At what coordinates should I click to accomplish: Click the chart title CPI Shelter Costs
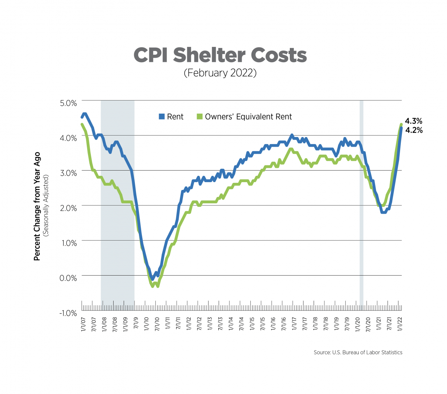tap(220, 55)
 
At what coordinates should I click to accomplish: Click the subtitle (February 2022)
tap(220, 73)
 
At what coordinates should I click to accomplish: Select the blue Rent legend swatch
tap(162, 117)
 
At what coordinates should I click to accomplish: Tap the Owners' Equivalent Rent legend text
tap(248, 117)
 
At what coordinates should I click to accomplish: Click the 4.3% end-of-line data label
tap(413, 121)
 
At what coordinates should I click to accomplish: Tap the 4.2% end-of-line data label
tap(413, 130)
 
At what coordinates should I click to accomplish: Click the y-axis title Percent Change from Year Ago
tap(37, 206)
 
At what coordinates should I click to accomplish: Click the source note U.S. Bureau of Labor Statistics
tap(358, 352)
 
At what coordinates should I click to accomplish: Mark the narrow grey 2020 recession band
tap(361, 205)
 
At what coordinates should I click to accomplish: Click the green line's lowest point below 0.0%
tap(152, 286)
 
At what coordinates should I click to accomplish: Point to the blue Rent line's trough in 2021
tap(383, 212)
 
